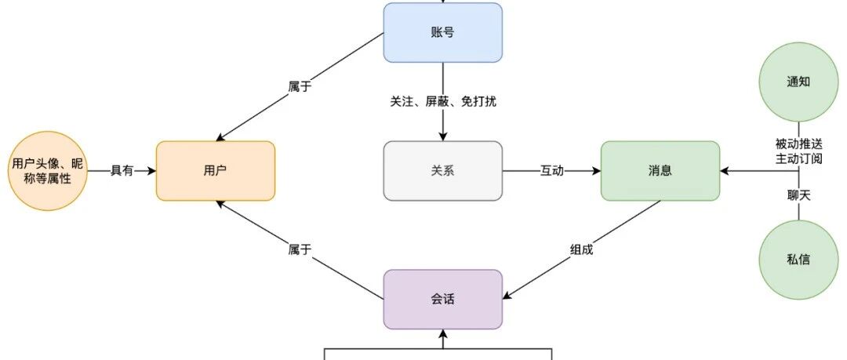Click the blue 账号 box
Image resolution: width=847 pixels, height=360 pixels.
pos(442,33)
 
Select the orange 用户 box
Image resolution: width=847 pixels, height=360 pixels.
pos(216,170)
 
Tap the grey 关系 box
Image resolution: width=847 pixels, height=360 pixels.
pos(442,170)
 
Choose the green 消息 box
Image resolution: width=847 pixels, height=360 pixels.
pos(660,170)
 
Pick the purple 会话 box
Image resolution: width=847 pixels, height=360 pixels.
pos(442,299)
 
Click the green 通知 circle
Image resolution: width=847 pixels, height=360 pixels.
pos(798,82)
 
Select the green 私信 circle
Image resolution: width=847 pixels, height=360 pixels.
pos(798,259)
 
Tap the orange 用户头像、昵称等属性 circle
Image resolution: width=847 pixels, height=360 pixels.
pos(49,171)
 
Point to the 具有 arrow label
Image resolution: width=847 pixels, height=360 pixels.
pos(122,171)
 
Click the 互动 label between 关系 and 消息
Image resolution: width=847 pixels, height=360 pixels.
pos(551,171)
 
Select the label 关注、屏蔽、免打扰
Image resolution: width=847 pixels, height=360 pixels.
pos(442,102)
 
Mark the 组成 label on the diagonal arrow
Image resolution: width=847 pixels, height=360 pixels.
pos(581,250)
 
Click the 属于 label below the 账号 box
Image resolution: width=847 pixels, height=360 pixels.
pos(300,87)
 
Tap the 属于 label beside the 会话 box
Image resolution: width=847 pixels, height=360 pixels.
pos(300,250)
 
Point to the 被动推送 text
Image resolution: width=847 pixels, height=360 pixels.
pos(798,144)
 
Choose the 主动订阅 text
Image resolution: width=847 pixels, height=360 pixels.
pos(798,160)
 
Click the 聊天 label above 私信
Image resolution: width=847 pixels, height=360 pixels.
pos(798,195)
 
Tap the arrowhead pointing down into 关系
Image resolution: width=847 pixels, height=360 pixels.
pos(442,136)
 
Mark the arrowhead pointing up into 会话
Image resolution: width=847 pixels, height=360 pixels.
pos(442,335)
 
